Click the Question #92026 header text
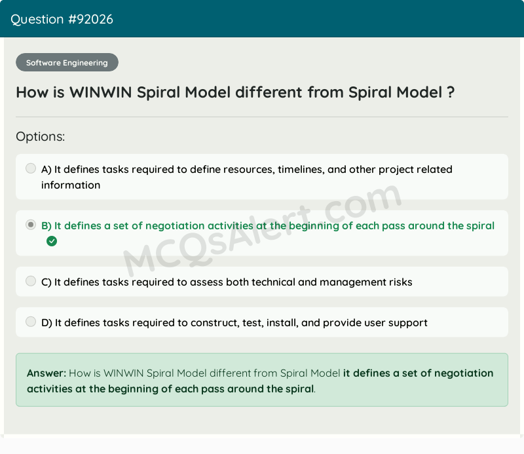tap(62, 19)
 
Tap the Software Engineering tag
tap(67, 63)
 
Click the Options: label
tap(41, 136)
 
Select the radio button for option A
tap(31, 168)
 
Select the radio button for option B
tap(31, 225)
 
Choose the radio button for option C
tap(31, 281)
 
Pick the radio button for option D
tap(31, 322)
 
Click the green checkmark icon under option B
tap(52, 241)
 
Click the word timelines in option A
tap(301, 169)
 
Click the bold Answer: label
tap(47, 373)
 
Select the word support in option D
tap(408, 322)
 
